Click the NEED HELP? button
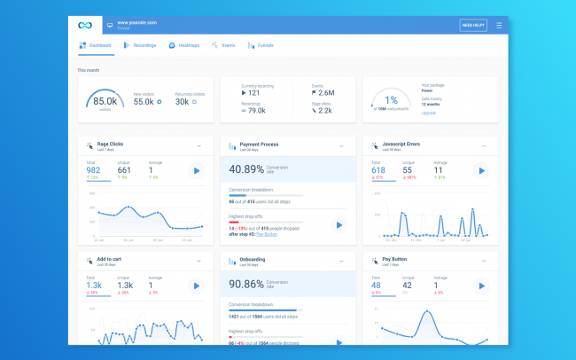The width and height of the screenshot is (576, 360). (x=473, y=26)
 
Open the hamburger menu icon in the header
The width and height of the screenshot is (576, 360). (x=499, y=26)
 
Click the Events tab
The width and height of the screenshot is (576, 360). (x=223, y=44)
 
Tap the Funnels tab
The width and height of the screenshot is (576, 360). (x=261, y=44)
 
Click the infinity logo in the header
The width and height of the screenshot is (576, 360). (x=85, y=25)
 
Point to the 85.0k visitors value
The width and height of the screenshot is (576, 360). (x=105, y=101)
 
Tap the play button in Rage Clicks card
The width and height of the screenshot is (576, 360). (x=197, y=170)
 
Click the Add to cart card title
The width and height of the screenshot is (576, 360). (x=114, y=260)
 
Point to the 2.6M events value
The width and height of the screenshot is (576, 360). (x=326, y=92)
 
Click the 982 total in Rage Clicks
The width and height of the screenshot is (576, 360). (x=94, y=170)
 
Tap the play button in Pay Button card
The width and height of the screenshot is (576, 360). (x=481, y=286)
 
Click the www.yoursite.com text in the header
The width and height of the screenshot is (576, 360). (x=136, y=22)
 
